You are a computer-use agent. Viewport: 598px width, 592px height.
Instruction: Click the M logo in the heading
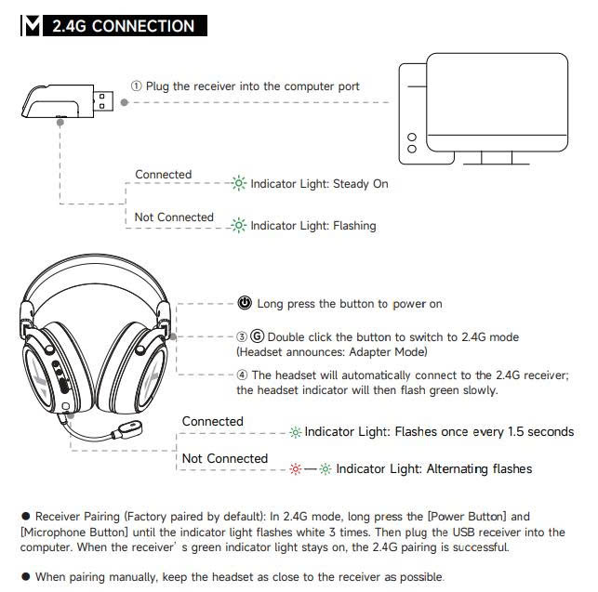tap(31, 26)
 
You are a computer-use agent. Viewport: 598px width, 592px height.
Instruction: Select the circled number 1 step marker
tap(136, 86)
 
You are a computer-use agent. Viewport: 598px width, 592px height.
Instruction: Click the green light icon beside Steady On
tap(239, 184)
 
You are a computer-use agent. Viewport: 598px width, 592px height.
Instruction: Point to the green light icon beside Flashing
tap(239, 225)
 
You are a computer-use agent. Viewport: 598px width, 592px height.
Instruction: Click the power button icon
tap(245, 303)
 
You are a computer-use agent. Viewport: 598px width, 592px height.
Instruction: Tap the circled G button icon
tap(258, 336)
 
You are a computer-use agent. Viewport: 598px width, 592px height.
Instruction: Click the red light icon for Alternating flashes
tap(297, 468)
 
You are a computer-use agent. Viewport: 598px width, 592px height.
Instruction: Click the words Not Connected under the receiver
tap(174, 217)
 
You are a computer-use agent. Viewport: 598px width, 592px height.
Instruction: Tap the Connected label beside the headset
tap(212, 422)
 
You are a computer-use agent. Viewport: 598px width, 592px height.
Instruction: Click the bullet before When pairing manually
tap(25, 577)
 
